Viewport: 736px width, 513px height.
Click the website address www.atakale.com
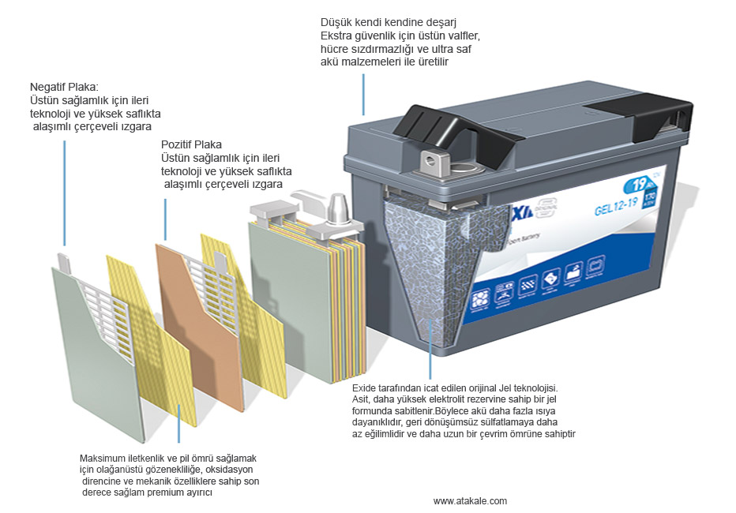pyautogui.click(x=470, y=501)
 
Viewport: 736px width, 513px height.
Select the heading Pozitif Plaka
pyautogui.click(x=191, y=144)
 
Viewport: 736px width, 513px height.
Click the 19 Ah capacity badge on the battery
pyautogui.click(x=634, y=187)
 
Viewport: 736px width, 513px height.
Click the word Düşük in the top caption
pyautogui.click(x=335, y=21)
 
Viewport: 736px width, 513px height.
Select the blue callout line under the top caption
pyautogui.click(x=364, y=95)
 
